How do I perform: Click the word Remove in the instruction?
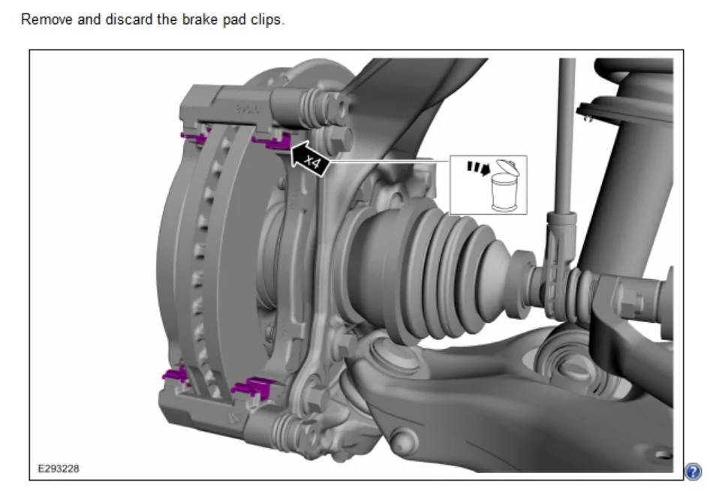tap(47, 20)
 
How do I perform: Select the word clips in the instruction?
tap(268, 20)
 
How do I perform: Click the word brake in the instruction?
tap(199, 20)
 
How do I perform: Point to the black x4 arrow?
tap(310, 159)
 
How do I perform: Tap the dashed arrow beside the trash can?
tap(479, 168)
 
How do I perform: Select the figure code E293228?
tap(59, 468)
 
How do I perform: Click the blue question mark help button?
tap(693, 471)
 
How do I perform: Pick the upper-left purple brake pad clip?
tap(193, 136)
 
